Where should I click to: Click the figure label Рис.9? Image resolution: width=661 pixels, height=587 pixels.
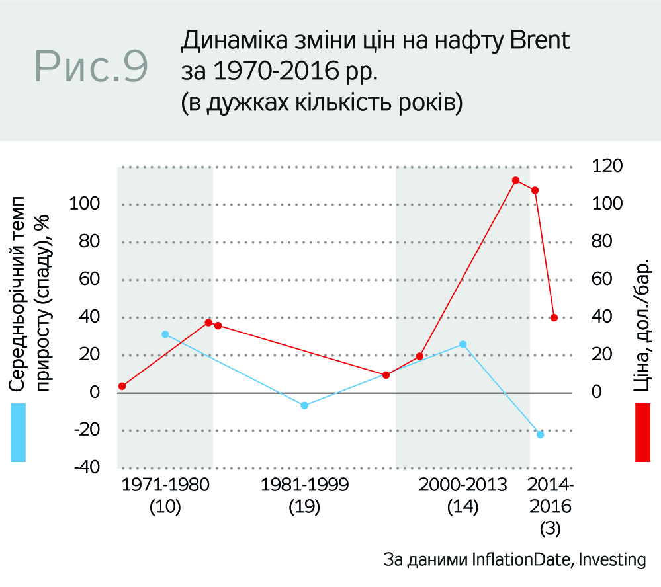point(92,66)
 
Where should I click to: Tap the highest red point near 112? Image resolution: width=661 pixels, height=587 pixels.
point(515,180)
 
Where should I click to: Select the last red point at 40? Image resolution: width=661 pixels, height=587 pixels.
point(554,317)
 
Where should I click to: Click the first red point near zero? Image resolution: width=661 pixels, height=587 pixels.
point(122,386)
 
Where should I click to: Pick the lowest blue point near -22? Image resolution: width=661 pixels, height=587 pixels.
point(541,434)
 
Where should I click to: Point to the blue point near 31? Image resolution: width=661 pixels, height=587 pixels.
point(165,334)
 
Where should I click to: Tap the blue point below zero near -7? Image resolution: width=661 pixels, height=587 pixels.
point(304,405)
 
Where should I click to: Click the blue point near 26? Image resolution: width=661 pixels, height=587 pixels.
point(463,344)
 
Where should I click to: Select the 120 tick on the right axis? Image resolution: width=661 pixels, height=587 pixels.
point(607,165)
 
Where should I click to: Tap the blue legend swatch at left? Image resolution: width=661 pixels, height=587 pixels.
point(18,433)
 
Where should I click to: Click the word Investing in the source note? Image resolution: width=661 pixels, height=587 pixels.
point(611,559)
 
